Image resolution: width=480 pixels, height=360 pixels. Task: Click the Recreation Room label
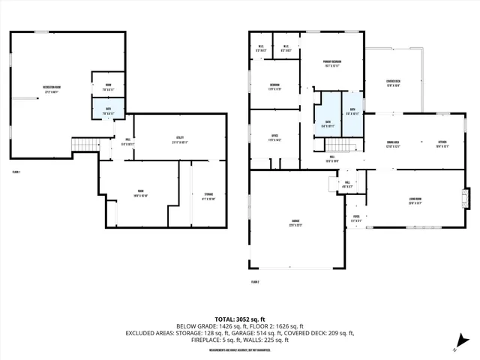52,88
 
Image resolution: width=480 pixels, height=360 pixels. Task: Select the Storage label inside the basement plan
208,196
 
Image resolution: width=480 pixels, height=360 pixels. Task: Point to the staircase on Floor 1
85,145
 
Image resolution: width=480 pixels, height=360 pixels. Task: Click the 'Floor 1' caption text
16,172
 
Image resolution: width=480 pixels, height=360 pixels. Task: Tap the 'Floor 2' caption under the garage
255,282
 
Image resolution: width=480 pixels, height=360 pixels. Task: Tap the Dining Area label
393,144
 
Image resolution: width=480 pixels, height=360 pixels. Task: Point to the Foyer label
356,219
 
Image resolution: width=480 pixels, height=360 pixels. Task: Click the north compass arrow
457,347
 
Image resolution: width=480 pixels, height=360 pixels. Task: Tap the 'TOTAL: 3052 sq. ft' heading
240,317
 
